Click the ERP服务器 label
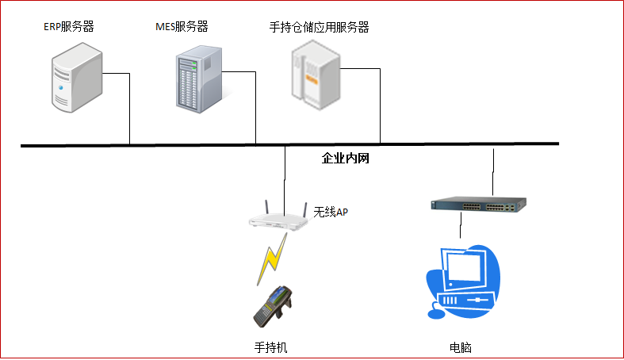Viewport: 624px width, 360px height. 69,27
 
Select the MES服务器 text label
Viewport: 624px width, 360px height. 182,27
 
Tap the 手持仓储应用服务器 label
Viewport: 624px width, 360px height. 319,27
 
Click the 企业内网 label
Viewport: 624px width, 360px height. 346,159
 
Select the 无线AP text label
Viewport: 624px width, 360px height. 331,212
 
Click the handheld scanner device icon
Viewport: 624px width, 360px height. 273,306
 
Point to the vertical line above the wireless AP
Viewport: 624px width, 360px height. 285,174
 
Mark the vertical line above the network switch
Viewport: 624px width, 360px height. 494,170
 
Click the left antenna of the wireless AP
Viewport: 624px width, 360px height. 266,208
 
